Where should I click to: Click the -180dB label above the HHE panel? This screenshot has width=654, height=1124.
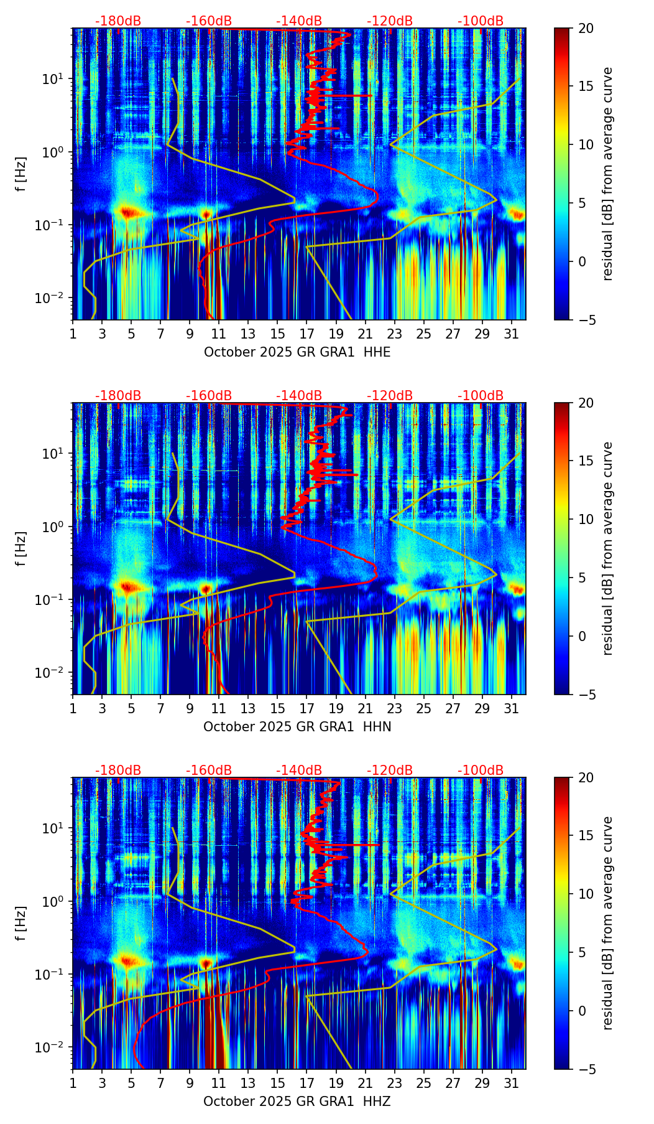coord(118,21)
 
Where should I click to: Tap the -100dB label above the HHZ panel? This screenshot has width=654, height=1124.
coord(481,770)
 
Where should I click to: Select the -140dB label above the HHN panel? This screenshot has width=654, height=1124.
coord(299,396)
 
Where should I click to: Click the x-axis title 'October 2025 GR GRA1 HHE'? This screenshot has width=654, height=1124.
coord(297,352)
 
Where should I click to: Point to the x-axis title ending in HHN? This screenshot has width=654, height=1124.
coord(297,727)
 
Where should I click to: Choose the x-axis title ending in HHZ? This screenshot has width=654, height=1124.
coord(297,1102)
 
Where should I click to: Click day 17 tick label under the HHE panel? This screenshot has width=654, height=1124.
coord(307,334)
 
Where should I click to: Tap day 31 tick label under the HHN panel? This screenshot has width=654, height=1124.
coord(512,709)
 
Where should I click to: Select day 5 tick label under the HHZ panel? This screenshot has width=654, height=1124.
coord(131,1084)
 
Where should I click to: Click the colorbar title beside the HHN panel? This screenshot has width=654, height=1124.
coord(608,548)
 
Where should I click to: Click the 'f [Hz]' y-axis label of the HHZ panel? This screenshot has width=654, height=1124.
coord(21,923)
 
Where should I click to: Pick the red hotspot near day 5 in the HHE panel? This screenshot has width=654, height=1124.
coord(128,213)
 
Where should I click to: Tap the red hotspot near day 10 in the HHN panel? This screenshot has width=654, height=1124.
coord(206,588)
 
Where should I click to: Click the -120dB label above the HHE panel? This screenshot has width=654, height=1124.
coord(390,21)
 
